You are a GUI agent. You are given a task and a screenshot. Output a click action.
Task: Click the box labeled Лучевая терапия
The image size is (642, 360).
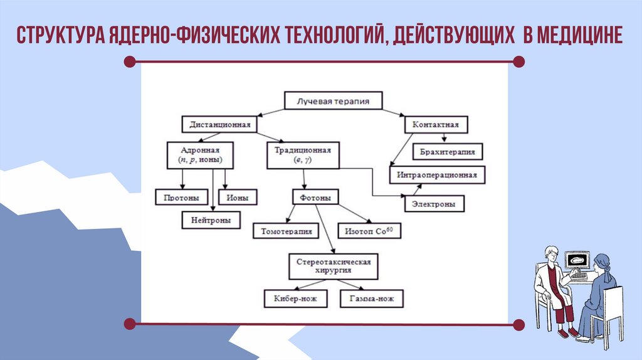click(x=333, y=100)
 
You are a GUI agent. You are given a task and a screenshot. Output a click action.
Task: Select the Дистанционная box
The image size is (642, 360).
click(x=220, y=124)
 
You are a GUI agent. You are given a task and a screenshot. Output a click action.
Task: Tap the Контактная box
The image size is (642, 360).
click(x=436, y=124)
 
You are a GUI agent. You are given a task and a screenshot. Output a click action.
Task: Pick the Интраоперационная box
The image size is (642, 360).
click(x=437, y=175)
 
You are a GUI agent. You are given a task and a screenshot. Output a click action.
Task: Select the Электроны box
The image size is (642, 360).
click(x=433, y=204)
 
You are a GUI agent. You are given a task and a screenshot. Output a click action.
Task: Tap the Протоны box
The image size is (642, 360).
click(x=182, y=198)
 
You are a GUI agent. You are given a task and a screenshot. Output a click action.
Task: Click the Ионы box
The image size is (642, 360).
click(x=238, y=198)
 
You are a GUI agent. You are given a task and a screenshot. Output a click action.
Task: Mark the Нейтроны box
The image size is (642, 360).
click(x=211, y=220)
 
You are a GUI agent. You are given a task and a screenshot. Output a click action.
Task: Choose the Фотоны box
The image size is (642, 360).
click(x=315, y=198)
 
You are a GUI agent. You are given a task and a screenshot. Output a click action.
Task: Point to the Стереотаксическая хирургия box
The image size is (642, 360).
click(x=333, y=267)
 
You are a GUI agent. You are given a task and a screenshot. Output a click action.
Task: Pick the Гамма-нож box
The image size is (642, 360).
click(x=372, y=299)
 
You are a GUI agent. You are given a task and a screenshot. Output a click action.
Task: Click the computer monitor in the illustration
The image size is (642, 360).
click(x=577, y=260)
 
